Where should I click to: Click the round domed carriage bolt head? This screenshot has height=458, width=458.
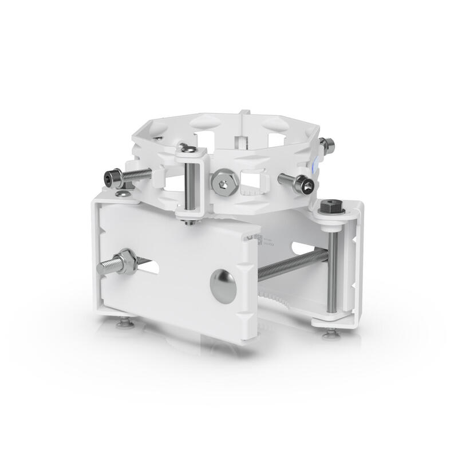pyautogui.click(x=223, y=286)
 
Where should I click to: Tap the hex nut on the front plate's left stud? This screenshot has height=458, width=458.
pyautogui.click(x=125, y=263)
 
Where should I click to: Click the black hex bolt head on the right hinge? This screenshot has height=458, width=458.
pyautogui.click(x=333, y=207)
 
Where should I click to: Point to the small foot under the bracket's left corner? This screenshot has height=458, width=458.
pyautogui.click(x=125, y=324)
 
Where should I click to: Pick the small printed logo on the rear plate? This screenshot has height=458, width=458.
pyautogui.click(x=252, y=239)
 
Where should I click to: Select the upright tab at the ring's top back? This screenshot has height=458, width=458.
pyautogui.click(x=244, y=114)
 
